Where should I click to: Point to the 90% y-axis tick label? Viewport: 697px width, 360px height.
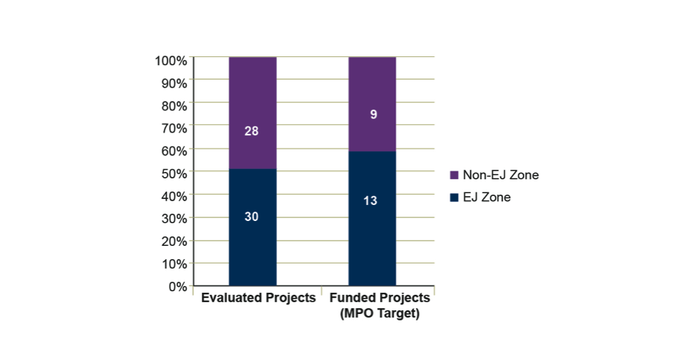point(174,83)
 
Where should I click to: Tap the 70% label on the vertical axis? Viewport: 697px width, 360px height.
point(174,128)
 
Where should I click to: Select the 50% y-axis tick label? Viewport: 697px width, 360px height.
point(174,173)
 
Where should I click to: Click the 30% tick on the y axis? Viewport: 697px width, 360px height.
point(174,219)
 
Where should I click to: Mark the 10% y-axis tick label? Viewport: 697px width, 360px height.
point(174,264)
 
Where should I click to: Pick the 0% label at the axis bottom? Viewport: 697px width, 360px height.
point(176,287)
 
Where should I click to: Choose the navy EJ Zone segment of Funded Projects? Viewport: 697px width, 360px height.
point(372,241)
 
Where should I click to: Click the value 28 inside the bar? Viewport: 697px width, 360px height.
point(252,132)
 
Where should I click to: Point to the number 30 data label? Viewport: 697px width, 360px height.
point(252,217)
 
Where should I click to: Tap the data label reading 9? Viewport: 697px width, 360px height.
point(373,114)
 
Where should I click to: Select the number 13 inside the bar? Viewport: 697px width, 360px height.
point(370,200)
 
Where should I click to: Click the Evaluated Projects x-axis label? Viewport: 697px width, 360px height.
point(258,299)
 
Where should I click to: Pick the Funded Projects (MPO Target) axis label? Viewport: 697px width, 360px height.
point(379,306)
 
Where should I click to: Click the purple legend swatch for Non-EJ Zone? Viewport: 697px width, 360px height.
point(453,176)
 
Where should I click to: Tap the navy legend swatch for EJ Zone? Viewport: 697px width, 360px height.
point(453,197)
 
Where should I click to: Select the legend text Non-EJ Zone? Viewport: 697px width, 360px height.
point(500,176)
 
